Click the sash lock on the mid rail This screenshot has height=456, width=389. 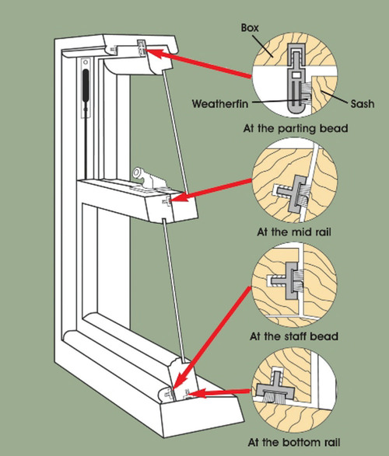point(148,174)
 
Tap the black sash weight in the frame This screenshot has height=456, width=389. point(83,83)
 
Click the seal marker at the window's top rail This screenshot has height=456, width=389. point(141,47)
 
